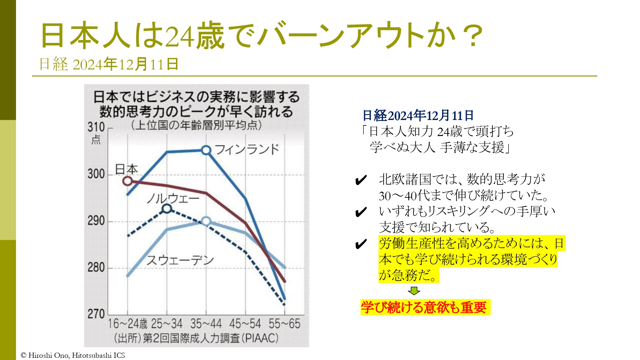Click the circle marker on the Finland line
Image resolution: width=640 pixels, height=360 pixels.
206,150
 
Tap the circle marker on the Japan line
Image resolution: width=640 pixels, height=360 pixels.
127,181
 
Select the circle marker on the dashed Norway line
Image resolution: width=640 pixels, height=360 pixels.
167,209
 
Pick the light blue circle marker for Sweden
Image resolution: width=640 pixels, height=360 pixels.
206,221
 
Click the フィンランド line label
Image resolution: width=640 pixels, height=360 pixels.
247,149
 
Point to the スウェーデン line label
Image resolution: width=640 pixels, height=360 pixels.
180,260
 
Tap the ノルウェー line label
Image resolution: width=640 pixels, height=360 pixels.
173,199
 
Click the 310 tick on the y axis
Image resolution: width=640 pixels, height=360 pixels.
96,127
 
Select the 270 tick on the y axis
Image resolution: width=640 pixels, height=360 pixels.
96,314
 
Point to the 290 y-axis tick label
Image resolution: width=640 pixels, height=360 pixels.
96,221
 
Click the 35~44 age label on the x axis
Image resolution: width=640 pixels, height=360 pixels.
206,324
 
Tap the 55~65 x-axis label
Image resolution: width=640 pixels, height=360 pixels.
284,324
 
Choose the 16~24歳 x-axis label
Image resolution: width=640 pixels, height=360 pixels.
127,324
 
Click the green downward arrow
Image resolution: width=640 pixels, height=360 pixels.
414,291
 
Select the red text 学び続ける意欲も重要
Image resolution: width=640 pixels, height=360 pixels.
424,308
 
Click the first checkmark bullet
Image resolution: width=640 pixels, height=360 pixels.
361,180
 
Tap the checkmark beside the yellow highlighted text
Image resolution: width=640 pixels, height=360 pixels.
361,244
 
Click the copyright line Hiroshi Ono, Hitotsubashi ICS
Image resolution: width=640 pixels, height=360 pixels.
73,355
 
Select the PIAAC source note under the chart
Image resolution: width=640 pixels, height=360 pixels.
196,338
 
